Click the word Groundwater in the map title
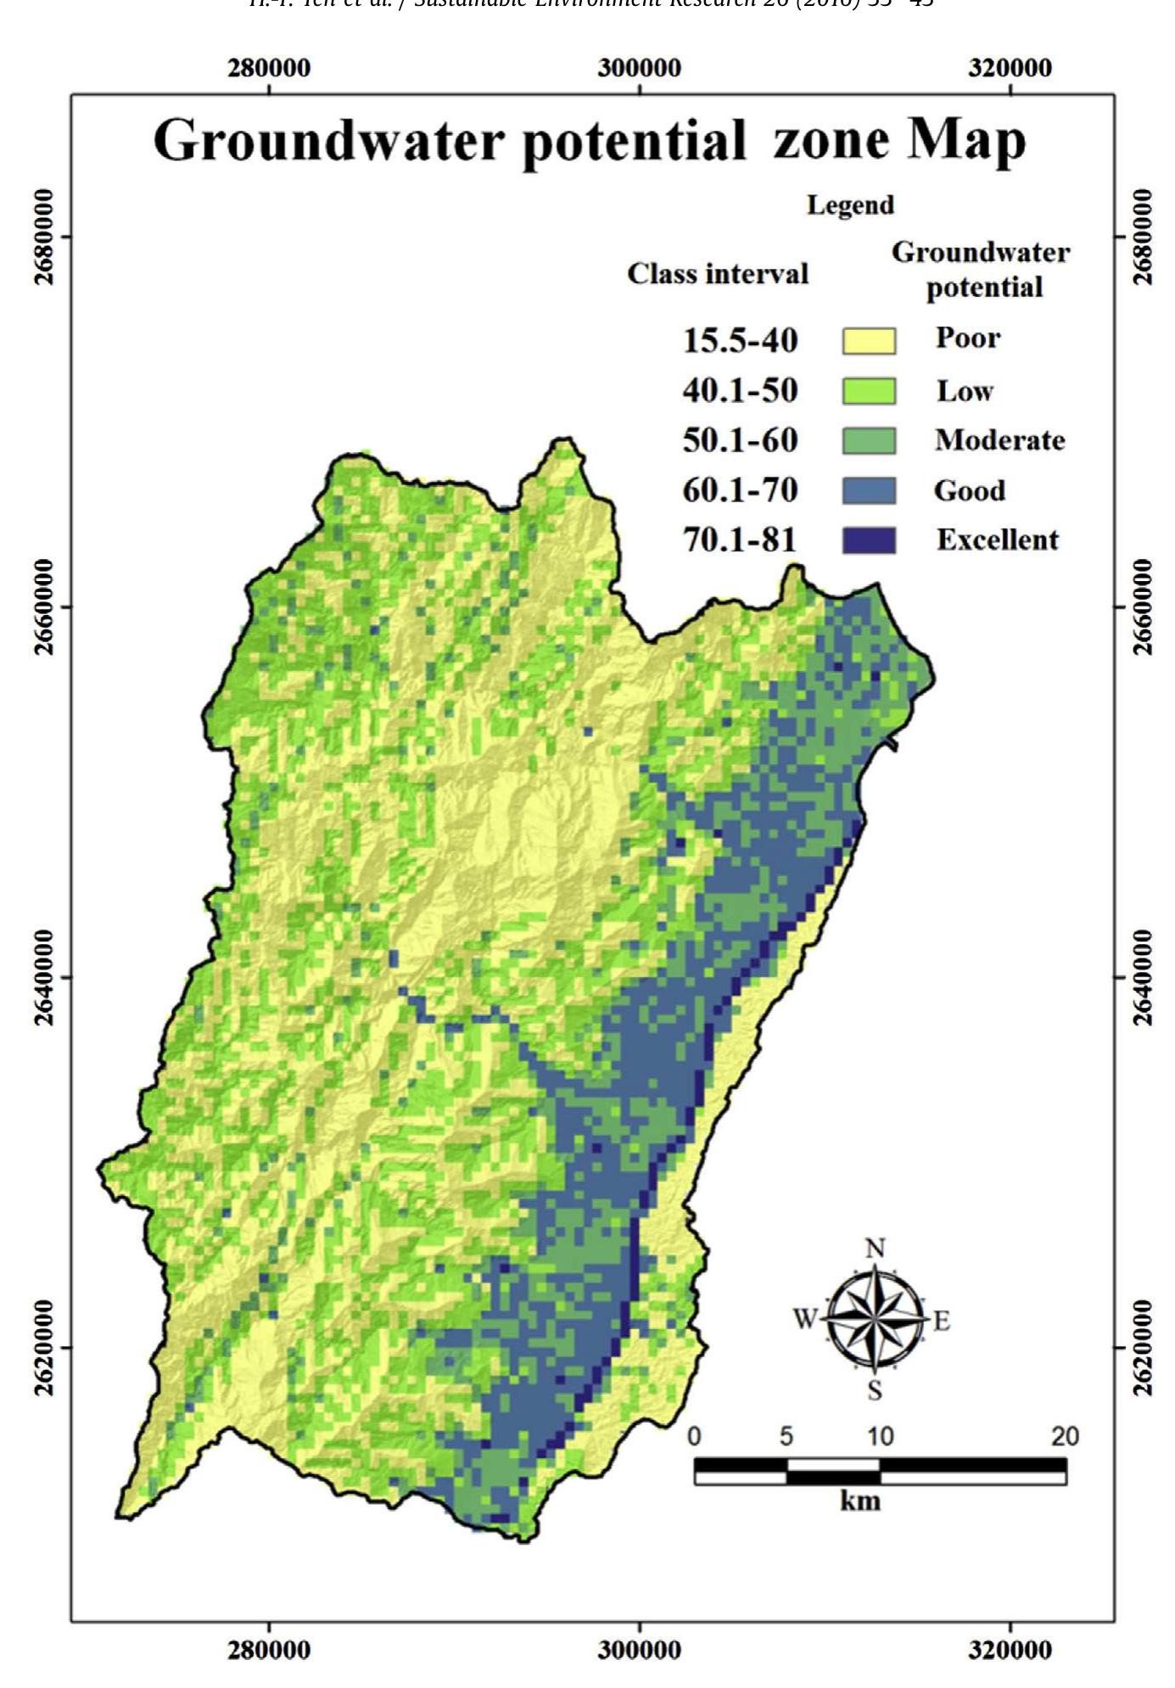[328, 141]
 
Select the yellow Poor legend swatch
[868, 341]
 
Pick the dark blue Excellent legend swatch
[868, 540]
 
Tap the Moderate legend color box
[868, 441]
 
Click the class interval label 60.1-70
[740, 490]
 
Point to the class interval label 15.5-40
[740, 341]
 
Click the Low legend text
[965, 391]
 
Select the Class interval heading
[718, 274]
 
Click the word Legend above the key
[850, 205]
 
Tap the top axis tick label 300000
[639, 69]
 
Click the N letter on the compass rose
[876, 1249]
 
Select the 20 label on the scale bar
[1065, 1436]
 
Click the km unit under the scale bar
[860, 1501]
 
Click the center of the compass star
[876, 1318]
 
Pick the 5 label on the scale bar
[786, 1436]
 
